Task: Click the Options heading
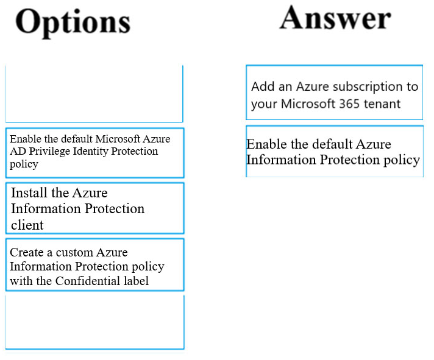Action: click(x=73, y=23)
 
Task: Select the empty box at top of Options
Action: click(x=94, y=94)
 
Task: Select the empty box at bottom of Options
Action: click(x=94, y=322)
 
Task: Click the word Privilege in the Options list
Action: click(x=49, y=152)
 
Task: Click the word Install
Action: click(x=29, y=192)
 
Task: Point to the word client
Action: click(x=27, y=225)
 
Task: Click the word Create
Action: click(x=27, y=252)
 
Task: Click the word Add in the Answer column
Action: click(x=263, y=86)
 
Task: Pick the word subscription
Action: click(x=368, y=87)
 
